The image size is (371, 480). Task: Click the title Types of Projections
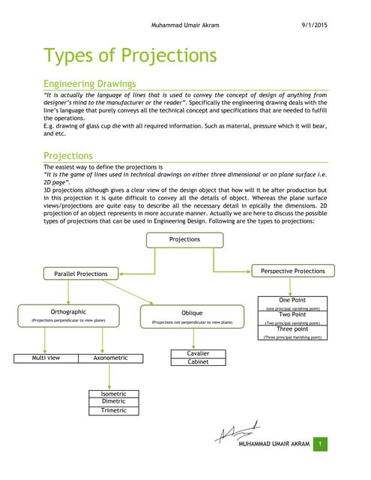coord(130,55)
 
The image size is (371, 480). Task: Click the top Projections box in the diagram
coord(184,239)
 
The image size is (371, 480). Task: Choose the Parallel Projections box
coord(81,274)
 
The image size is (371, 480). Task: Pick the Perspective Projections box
coord(293,271)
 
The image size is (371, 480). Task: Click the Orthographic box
coord(68,314)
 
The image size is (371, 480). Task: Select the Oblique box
coord(192,316)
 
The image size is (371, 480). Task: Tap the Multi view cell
coord(46,358)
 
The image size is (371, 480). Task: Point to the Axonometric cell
coord(110,358)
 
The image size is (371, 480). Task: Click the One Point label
coord(292,300)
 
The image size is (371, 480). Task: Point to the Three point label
coord(292,328)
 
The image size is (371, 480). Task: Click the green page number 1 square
coord(320,445)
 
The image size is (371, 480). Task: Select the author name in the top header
coord(185,25)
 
